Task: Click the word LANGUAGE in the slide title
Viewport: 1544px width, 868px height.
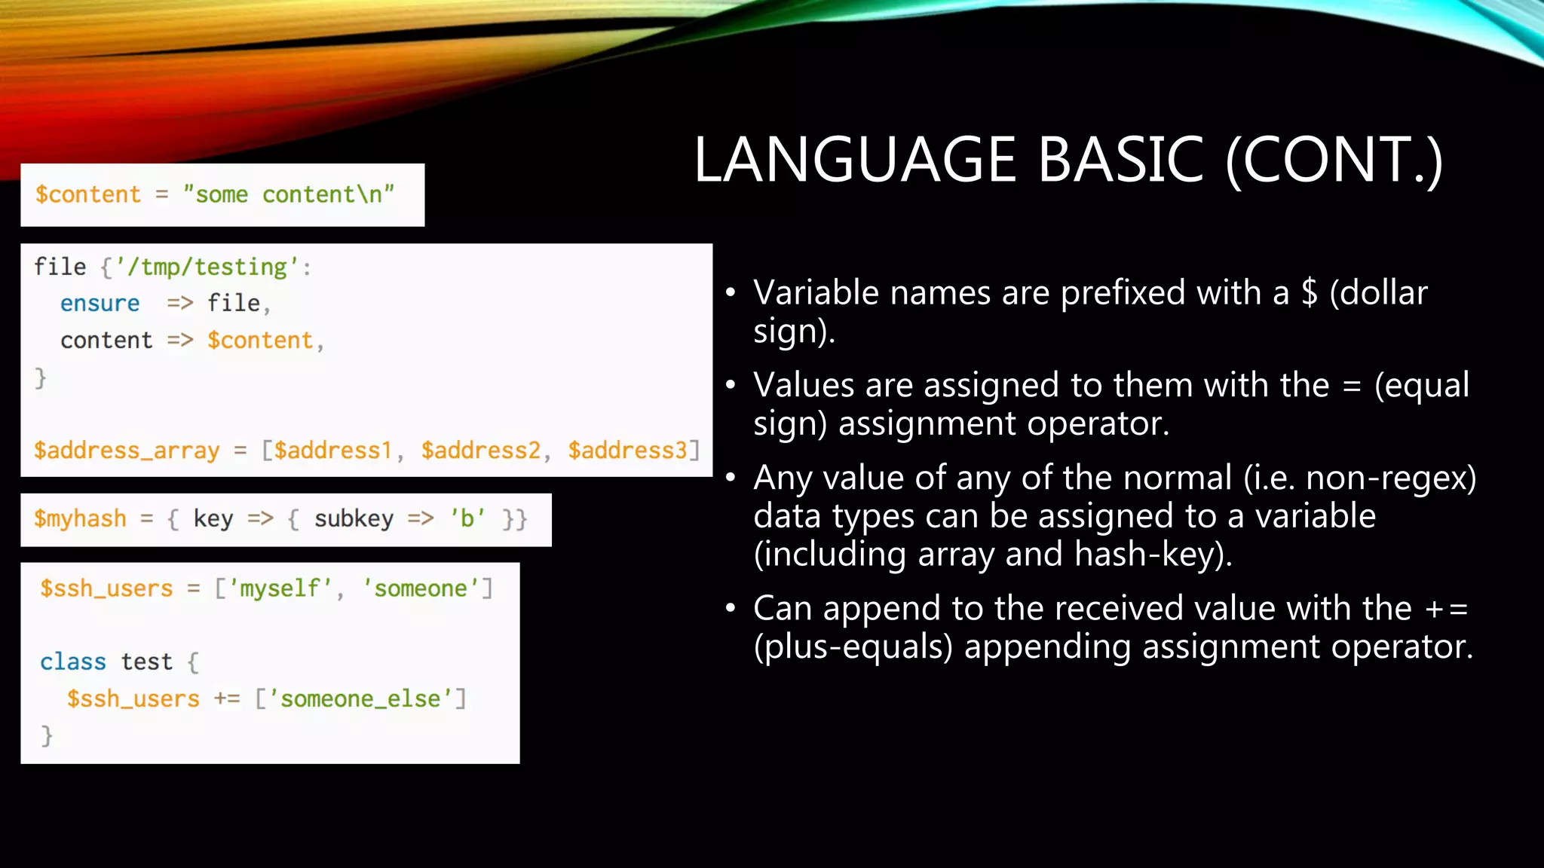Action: pyautogui.click(x=855, y=160)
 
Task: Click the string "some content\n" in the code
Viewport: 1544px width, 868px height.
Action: pyautogui.click(x=289, y=194)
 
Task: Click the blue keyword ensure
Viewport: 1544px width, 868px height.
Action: pyautogui.click(x=100, y=303)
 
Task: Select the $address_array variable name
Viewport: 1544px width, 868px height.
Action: pyautogui.click(x=127, y=450)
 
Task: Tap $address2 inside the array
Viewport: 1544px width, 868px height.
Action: pyautogui.click(x=480, y=450)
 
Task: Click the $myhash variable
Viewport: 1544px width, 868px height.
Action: pyautogui.click(x=80, y=518)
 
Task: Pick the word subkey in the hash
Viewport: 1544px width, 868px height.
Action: pyautogui.click(x=354, y=518)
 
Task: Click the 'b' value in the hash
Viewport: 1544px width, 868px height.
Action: pyautogui.click(x=467, y=518)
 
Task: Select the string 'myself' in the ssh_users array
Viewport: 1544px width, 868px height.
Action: pyautogui.click(x=280, y=588)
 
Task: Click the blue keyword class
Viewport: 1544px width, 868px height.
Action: pyautogui.click(x=73, y=662)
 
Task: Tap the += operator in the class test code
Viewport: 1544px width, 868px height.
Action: pyautogui.click(x=227, y=698)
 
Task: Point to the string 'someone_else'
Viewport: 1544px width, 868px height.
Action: pyautogui.click(x=360, y=698)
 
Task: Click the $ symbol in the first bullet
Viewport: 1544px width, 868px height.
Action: pyautogui.click(x=1310, y=293)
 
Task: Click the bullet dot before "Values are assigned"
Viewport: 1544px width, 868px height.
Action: pyautogui.click(x=730, y=385)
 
